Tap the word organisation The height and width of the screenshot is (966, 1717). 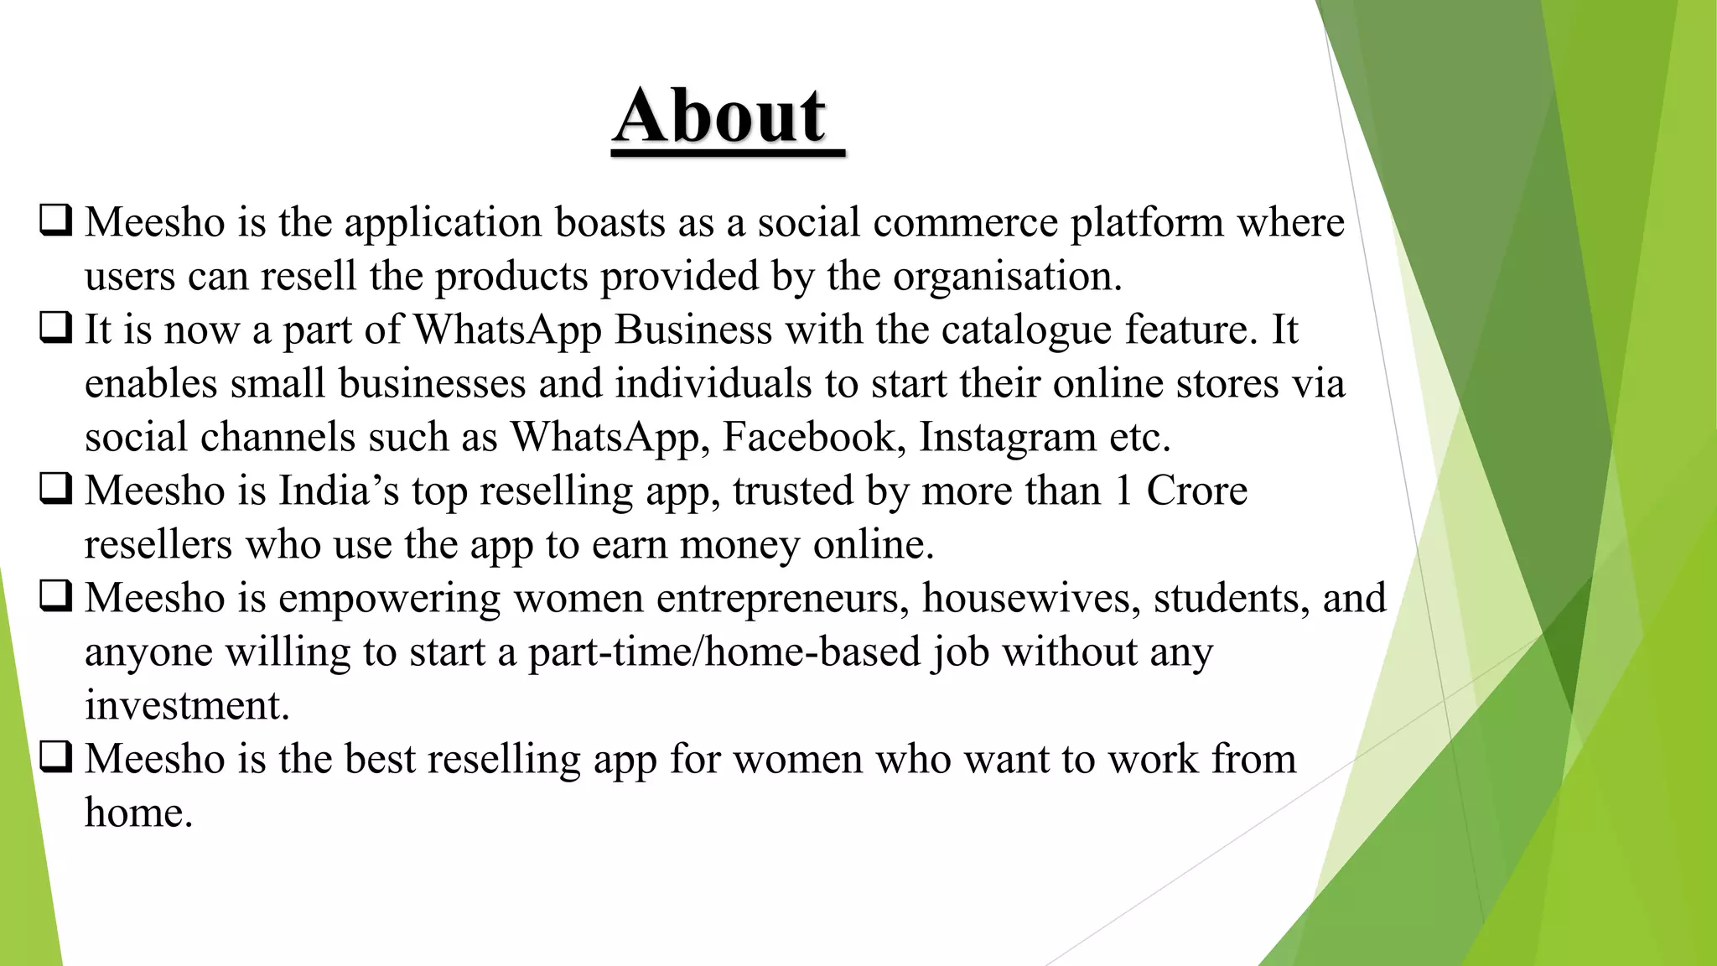1006,277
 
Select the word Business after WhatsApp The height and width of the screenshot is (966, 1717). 693,330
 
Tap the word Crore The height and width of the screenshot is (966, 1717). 1196,491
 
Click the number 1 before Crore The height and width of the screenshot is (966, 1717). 1123,491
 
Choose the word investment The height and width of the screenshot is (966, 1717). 187,705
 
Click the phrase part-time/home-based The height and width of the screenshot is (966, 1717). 724,652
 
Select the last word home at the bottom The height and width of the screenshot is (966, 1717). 138,813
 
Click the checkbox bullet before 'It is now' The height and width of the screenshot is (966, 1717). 55,328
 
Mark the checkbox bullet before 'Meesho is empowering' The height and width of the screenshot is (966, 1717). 55,596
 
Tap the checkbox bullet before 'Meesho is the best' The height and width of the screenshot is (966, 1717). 55,757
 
